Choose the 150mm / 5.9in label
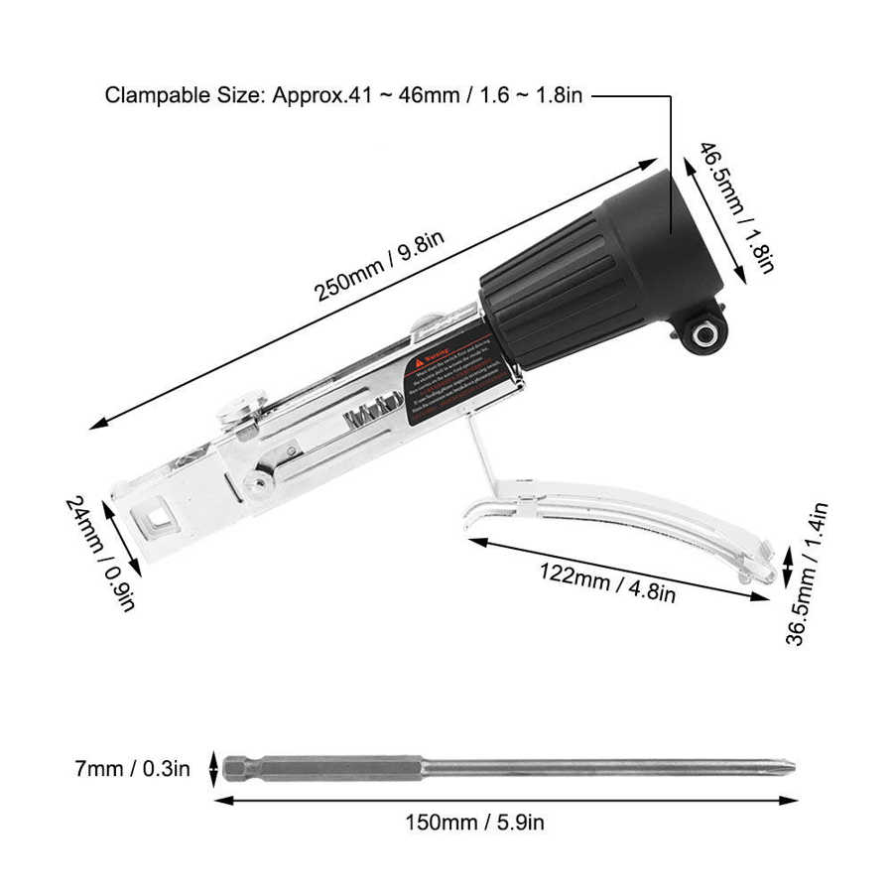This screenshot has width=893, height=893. coord(473,822)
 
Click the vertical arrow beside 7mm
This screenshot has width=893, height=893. coord(213,767)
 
